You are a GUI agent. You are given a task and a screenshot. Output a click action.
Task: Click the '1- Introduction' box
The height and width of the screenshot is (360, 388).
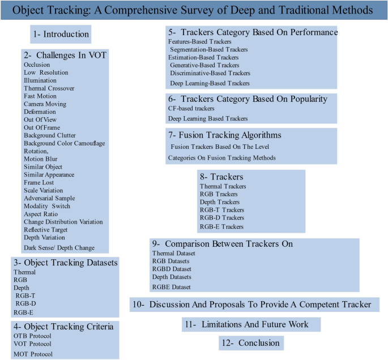click(x=61, y=35)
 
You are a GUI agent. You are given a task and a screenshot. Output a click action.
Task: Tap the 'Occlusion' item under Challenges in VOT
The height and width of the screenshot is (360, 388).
click(x=37, y=65)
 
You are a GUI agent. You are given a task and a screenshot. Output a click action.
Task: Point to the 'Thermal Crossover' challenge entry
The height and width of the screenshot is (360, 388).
click(x=49, y=88)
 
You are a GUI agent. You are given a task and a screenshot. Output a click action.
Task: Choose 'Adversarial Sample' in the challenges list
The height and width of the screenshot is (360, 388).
click(x=49, y=199)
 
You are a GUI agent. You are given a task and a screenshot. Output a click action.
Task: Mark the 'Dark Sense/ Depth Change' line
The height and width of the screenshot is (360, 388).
click(x=58, y=247)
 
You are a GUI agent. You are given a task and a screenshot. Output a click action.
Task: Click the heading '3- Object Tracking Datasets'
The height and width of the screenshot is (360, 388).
click(x=65, y=263)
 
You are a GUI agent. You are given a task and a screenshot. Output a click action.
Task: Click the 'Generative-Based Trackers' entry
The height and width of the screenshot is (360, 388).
click(x=204, y=65)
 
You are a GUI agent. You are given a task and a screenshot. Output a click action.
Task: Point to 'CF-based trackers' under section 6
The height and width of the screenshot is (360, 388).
click(x=191, y=108)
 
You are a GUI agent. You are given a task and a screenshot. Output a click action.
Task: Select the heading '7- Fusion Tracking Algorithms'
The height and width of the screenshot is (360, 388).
click(x=225, y=135)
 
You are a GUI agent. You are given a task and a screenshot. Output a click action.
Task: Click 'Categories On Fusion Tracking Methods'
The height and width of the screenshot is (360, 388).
click(x=221, y=157)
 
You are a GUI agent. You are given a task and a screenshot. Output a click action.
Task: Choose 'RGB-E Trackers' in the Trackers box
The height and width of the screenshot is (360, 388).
click(x=221, y=226)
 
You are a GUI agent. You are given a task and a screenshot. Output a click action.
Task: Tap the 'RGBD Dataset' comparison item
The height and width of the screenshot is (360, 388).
click(x=173, y=269)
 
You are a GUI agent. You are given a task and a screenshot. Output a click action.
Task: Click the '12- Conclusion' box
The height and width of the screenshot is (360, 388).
click(x=251, y=343)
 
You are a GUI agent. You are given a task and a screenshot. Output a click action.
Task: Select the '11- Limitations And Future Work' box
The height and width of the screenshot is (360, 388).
click(x=246, y=324)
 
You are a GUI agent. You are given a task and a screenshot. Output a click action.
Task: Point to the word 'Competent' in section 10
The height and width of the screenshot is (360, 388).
click(x=312, y=305)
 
